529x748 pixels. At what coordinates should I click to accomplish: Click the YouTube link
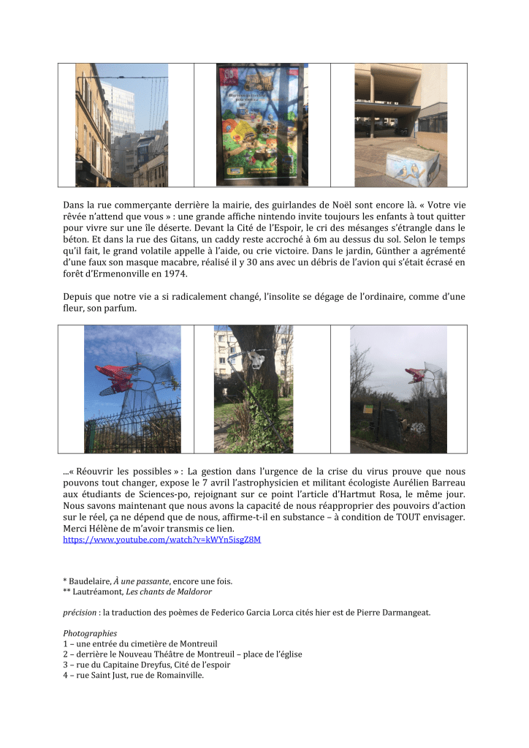point(161,540)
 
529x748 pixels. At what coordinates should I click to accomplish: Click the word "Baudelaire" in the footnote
point(90,581)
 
